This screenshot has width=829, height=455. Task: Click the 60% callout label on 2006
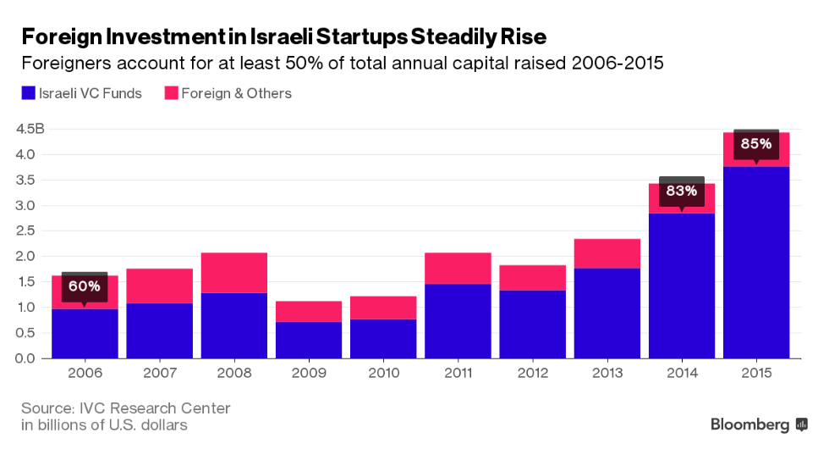point(85,286)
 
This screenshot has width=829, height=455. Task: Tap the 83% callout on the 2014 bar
point(681,191)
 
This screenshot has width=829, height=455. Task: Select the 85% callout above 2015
point(755,144)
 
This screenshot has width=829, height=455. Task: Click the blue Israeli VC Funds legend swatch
point(28,94)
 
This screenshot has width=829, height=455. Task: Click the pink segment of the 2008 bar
point(234,272)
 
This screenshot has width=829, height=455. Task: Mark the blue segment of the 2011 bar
point(458,321)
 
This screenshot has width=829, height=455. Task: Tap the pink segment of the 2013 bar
point(607,253)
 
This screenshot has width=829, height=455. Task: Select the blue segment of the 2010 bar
point(383,338)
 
